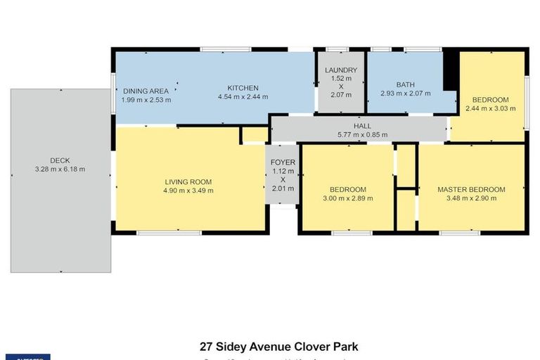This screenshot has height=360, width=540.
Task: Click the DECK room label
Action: tap(60, 160)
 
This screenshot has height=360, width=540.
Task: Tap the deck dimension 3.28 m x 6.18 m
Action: tap(60, 169)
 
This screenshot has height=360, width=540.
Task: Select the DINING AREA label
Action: tap(146, 91)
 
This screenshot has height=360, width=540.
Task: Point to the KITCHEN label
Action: tap(243, 88)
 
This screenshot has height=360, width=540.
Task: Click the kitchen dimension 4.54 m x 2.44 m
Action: tap(243, 97)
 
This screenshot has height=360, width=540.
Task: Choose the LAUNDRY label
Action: tap(341, 70)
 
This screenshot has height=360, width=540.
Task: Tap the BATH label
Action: tap(405, 84)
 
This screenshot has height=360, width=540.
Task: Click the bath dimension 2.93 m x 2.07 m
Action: tap(405, 94)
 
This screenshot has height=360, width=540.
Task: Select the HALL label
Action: tap(362, 126)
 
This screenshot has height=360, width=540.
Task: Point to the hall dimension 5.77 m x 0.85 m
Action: tap(362, 135)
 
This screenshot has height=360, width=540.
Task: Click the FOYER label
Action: tap(283, 162)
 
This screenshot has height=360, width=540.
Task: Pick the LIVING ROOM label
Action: tap(188, 181)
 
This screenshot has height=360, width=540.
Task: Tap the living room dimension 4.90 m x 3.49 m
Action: tap(188, 190)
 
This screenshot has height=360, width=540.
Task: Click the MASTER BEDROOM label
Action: tap(471, 190)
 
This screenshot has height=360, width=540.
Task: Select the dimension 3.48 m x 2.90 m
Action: tap(471, 199)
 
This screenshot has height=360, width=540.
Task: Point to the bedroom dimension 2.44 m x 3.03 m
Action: tap(490, 108)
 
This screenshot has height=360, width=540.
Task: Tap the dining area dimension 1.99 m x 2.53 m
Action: tap(146, 100)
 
